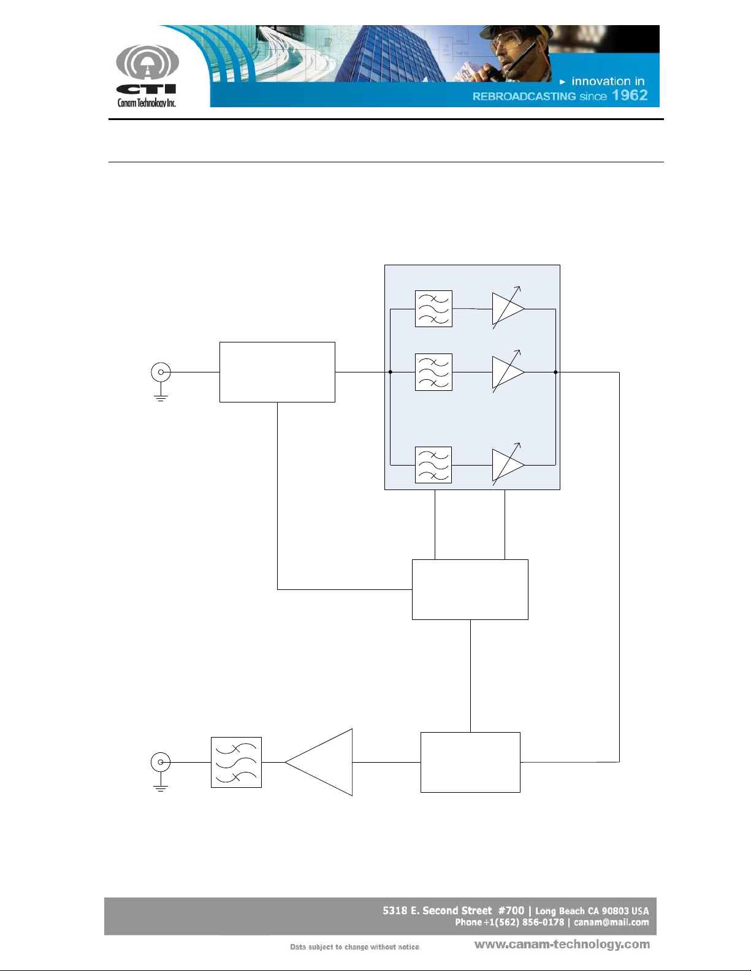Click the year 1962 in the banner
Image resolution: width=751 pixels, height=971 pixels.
[630, 96]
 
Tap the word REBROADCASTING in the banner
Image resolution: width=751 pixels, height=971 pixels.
[524, 96]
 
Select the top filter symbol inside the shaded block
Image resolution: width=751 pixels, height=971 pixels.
[433, 309]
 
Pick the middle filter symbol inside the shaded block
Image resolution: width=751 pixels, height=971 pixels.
[433, 372]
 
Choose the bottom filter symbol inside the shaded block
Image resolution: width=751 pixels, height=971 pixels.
[433, 465]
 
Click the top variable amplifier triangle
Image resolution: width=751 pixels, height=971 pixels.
[506, 309]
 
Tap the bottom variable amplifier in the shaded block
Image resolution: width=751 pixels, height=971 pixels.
[506, 465]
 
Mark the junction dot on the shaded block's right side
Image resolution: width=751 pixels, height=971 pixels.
[555, 372]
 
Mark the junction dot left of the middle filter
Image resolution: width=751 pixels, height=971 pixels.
[391, 372]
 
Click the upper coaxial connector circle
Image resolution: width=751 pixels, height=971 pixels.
[161, 372]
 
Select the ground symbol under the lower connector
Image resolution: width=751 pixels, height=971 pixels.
[161, 787]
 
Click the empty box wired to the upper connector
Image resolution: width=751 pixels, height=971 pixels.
[277, 372]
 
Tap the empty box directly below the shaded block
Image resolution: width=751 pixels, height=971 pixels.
[470, 589]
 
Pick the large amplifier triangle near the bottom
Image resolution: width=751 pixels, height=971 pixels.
[325, 762]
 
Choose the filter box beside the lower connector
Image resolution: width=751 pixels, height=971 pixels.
[236, 762]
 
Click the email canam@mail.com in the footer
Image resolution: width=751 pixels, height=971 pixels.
[611, 923]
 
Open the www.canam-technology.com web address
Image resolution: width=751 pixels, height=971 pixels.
[562, 945]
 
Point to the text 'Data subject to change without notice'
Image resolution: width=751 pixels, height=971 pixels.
[354, 947]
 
